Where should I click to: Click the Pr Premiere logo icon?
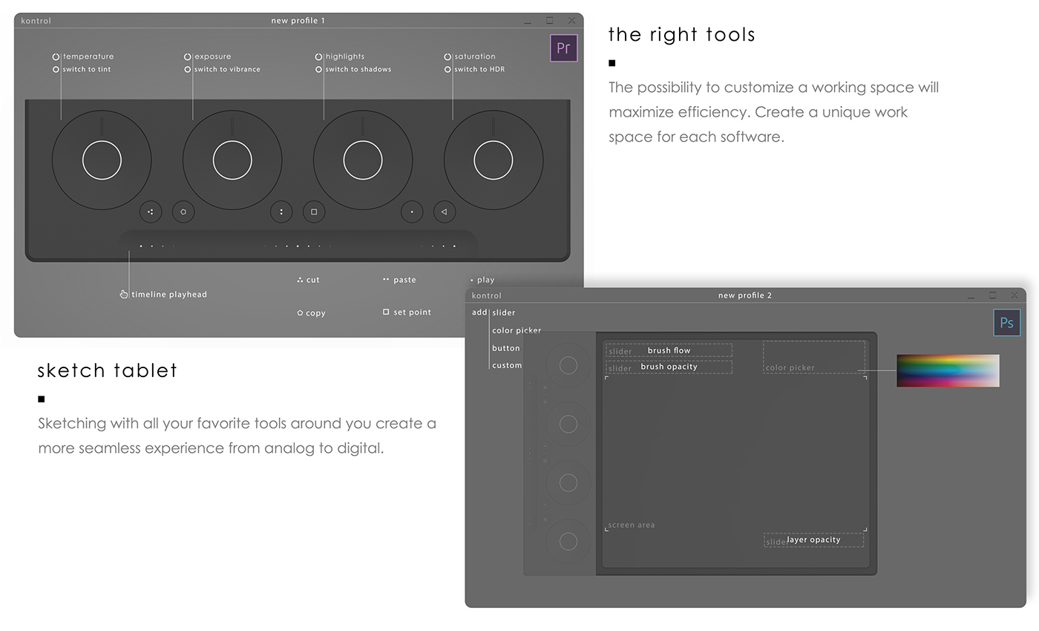tap(563, 48)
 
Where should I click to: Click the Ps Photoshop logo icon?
tap(1006, 323)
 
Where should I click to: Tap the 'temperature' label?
tap(88, 56)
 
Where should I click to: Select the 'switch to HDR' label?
tap(479, 70)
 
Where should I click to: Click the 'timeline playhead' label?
tap(168, 295)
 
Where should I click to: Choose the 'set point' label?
tap(412, 313)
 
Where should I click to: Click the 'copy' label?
tap(315, 313)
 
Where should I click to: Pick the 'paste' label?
tap(404, 280)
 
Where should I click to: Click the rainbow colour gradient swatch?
tap(948, 370)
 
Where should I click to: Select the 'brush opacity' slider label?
tap(669, 367)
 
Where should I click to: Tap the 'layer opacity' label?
tap(813, 540)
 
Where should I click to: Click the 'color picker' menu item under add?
tap(517, 330)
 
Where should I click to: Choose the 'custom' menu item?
tap(507, 365)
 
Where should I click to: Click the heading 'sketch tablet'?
tap(108, 370)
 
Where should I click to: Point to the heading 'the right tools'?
tap(681, 35)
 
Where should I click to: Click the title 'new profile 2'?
tap(744, 295)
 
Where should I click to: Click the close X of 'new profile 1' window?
tap(571, 21)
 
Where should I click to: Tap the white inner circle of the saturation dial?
tap(493, 160)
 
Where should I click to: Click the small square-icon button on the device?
tap(314, 212)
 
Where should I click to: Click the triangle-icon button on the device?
tap(444, 212)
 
